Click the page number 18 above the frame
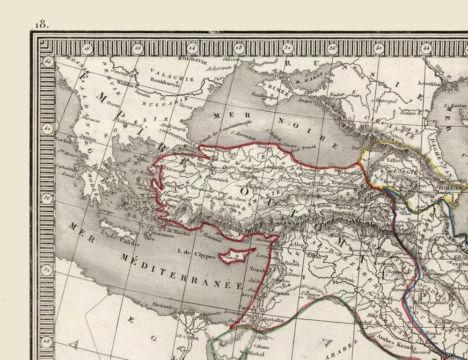(41, 24)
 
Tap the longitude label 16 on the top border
(87, 47)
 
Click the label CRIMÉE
(273, 86)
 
